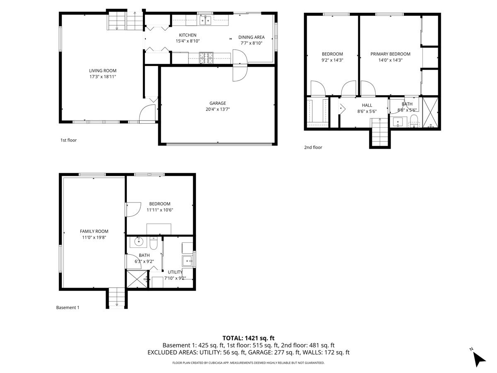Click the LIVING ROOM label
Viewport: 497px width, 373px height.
click(x=103, y=70)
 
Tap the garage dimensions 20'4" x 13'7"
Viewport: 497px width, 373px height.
click(x=217, y=109)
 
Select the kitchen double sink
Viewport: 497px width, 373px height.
click(x=205, y=20)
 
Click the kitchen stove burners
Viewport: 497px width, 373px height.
click(x=206, y=58)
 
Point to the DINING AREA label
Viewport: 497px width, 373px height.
click(x=251, y=37)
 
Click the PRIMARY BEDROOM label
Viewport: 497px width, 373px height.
click(x=391, y=54)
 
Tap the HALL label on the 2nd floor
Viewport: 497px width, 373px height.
click(x=367, y=105)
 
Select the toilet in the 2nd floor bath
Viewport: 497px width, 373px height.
click(x=414, y=121)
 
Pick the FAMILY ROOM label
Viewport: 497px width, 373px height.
click(x=94, y=231)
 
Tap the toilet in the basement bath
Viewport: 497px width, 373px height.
click(x=153, y=243)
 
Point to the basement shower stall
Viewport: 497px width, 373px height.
click(x=137, y=279)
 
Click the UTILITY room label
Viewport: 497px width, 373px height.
click(x=175, y=272)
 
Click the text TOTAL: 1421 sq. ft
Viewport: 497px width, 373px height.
click(x=248, y=338)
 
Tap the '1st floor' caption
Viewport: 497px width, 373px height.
click(x=68, y=140)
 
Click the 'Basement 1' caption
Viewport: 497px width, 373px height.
click(x=68, y=308)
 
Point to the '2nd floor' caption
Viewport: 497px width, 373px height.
click(x=313, y=148)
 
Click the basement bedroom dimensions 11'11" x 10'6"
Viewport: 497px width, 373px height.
click(x=159, y=210)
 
